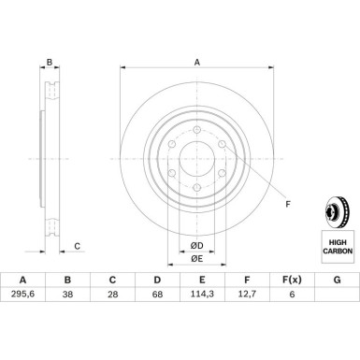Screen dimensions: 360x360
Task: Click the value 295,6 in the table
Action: [22, 294]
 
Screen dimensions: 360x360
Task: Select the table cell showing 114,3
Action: [202, 294]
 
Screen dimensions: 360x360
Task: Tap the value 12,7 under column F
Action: [247, 294]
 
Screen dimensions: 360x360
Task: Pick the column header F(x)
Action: [292, 280]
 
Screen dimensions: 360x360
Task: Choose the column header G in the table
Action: [337, 280]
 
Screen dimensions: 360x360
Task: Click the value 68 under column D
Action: [157, 294]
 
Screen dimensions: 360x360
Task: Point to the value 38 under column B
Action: [67, 294]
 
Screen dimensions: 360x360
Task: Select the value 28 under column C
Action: [112, 294]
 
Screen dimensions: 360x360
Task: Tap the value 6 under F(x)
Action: [292, 294]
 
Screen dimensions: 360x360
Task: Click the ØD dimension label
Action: [197, 246]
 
